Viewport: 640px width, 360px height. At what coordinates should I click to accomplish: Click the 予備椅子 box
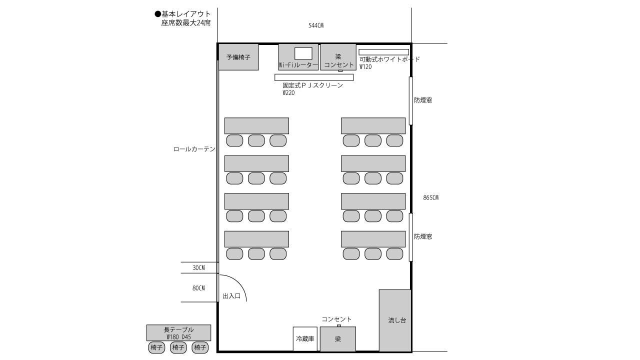(x=238, y=57)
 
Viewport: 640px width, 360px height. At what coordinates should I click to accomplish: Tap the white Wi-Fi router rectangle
(x=303, y=53)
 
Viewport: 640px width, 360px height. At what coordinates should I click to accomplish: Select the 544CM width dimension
(x=315, y=25)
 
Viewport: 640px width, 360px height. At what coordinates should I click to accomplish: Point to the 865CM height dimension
(x=430, y=197)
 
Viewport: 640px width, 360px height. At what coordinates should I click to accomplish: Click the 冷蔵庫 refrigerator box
(x=305, y=339)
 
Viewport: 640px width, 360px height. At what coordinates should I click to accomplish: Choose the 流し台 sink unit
(x=395, y=320)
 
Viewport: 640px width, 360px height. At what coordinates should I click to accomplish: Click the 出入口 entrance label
(x=231, y=296)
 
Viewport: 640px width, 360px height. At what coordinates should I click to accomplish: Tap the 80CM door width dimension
(x=198, y=288)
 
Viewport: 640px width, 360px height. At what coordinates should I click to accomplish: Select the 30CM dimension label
(x=198, y=268)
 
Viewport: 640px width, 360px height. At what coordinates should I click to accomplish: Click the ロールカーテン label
(x=194, y=149)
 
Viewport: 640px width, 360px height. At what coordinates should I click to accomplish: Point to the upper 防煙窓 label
(x=423, y=100)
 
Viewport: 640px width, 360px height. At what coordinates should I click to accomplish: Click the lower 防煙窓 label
(x=423, y=236)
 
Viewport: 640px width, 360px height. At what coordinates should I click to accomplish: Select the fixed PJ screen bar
(x=313, y=77)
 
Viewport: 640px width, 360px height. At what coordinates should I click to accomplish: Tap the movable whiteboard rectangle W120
(x=383, y=52)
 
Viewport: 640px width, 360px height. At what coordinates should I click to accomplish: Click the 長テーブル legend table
(x=178, y=332)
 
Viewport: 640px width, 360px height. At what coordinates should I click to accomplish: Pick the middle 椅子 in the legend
(x=178, y=347)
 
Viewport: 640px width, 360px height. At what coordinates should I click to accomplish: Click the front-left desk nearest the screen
(x=256, y=125)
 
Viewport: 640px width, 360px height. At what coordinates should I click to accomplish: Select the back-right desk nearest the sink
(x=373, y=239)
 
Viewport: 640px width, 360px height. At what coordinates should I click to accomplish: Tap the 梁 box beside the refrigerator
(x=338, y=339)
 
